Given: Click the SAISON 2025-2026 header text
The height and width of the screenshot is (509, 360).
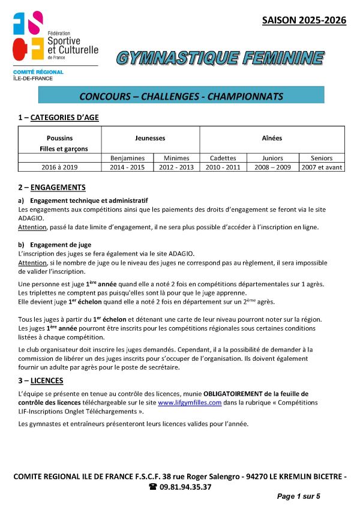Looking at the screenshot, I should (x=304, y=20).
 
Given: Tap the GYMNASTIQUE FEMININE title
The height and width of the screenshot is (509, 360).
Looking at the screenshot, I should (x=220, y=58).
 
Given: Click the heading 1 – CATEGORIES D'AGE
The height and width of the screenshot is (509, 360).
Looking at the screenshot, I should (x=58, y=118).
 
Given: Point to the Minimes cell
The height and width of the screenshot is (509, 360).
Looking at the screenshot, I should (x=176, y=157).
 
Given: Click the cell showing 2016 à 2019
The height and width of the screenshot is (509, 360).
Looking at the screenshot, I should (x=60, y=167).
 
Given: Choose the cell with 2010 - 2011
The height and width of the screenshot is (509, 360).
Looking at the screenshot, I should (x=223, y=167).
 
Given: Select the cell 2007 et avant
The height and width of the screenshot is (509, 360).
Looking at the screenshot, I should (x=322, y=167).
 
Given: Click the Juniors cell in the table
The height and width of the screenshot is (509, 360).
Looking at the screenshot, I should (x=273, y=157).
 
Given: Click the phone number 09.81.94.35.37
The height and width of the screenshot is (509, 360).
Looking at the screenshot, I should (x=181, y=487).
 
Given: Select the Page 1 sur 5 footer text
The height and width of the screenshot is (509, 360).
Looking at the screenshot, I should (x=298, y=496).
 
